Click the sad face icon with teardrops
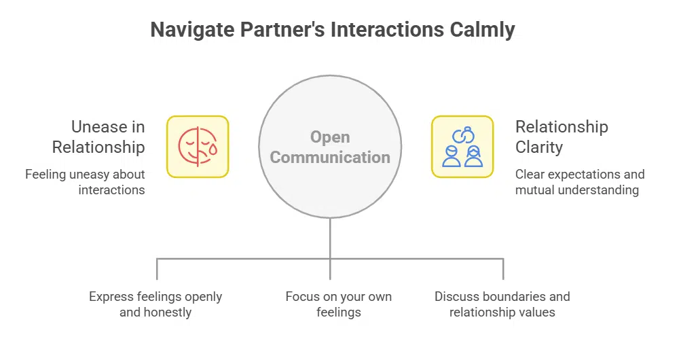[x=198, y=147]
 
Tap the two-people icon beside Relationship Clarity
[x=462, y=147]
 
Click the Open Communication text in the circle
[x=330, y=147]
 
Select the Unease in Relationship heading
[x=98, y=137]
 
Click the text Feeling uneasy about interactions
[x=85, y=182]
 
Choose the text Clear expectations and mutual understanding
[x=579, y=182]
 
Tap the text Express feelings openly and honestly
[x=155, y=304]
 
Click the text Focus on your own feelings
[x=338, y=304]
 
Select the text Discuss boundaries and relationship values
[x=502, y=304]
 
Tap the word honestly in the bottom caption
[x=167, y=312]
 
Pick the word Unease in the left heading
[x=99, y=127]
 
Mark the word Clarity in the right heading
[x=539, y=147]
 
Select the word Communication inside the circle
[x=330, y=158]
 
